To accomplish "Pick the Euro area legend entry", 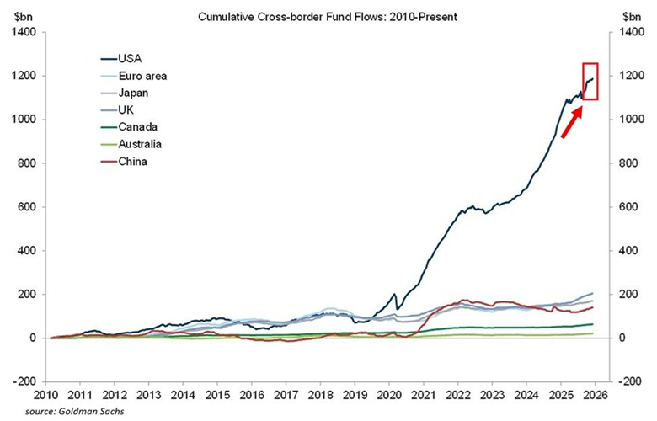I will pos(142,76).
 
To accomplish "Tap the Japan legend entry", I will pos(134,93).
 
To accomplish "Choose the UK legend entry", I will pos(127,109).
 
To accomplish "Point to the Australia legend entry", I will pos(140,144).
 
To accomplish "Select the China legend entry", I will pos(133,161).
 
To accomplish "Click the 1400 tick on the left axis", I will pos(24,32).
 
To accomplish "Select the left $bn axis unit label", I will pos(22,16).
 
